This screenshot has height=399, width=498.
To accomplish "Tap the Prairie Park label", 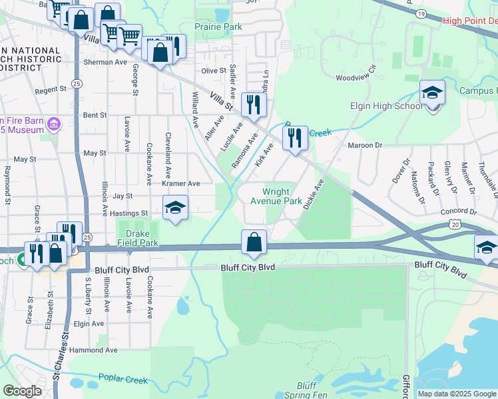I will click(218, 27).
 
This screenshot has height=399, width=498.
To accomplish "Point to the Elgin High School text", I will click(387, 106).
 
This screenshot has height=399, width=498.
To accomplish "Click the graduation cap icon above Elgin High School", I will click(432, 93).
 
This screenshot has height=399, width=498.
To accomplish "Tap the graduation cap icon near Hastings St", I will click(176, 208).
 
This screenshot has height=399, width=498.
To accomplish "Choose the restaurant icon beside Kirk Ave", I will click(294, 138).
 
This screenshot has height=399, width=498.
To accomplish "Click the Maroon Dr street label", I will click(365, 145).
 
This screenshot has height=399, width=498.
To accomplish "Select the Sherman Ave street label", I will click(105, 62).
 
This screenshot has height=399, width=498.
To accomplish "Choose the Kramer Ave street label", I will click(184, 184).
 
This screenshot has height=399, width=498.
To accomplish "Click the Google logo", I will click(23, 391).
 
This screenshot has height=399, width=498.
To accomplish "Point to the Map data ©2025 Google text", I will click(456, 394).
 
